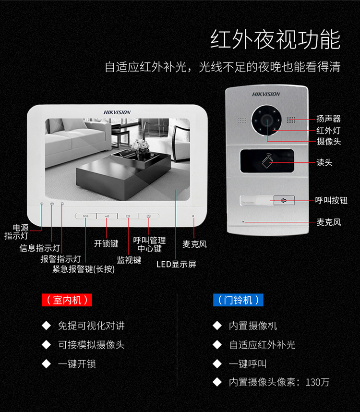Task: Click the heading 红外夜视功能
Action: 275,39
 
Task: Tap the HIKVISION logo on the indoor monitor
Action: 117,112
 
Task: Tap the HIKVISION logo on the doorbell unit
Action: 266,94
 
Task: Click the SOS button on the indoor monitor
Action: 85,216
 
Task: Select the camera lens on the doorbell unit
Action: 266,121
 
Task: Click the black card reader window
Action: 267,161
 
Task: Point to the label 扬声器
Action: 328,119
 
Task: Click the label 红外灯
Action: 328,130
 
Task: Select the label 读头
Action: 324,162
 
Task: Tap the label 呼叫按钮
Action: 331,201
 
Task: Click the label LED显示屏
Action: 176,264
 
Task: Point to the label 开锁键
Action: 106,243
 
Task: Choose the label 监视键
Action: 129,260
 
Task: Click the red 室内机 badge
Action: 67,300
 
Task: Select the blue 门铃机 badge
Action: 238,300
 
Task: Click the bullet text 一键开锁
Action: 77,364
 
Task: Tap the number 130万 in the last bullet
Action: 317,382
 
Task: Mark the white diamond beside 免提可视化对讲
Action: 46,326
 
